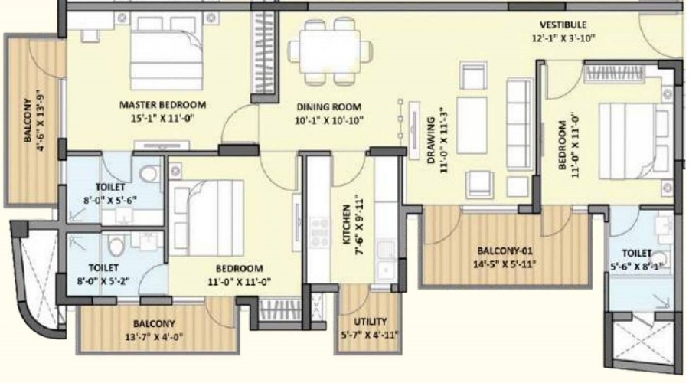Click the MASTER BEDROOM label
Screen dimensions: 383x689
(162, 105)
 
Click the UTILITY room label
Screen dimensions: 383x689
(370, 322)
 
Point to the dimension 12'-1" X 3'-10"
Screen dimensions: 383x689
(563, 37)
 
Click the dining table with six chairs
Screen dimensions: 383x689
(331, 52)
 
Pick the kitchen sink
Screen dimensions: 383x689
(386, 257)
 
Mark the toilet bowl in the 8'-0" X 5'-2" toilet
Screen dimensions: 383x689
(116, 246)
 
